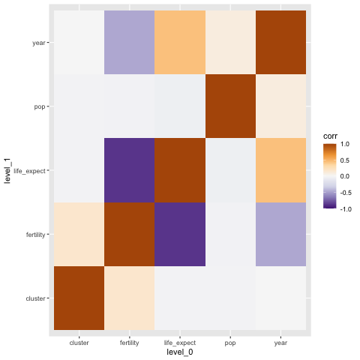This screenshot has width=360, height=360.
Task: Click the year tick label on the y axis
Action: coord(39,43)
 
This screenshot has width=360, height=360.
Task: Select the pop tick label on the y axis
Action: coord(40,107)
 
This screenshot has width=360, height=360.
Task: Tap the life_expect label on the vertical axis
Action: coord(29,171)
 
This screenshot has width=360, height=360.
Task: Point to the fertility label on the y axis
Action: coord(35,235)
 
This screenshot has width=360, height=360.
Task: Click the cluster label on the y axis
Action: coord(35,298)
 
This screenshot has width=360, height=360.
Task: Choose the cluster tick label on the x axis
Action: coord(79,343)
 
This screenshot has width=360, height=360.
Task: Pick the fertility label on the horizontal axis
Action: coord(130,343)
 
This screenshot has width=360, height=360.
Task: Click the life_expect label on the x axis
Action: coord(180,343)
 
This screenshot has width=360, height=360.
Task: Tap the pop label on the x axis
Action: coord(230,343)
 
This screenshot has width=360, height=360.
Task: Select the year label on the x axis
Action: coord(280,343)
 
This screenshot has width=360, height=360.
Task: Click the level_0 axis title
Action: coord(180,352)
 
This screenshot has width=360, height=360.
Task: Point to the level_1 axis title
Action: coord(7,170)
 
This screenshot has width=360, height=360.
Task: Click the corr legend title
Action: coord(330,136)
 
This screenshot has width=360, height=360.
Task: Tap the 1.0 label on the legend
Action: coord(345,144)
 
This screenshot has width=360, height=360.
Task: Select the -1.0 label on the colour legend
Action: coord(346,209)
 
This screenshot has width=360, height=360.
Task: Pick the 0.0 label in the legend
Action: coord(345,176)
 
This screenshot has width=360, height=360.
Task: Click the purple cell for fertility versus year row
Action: coord(130,42)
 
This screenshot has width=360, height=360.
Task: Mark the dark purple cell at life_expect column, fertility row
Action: coord(180,234)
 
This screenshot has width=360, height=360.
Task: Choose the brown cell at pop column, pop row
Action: coord(230,106)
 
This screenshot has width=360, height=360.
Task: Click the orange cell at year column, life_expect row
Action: coord(280,170)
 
